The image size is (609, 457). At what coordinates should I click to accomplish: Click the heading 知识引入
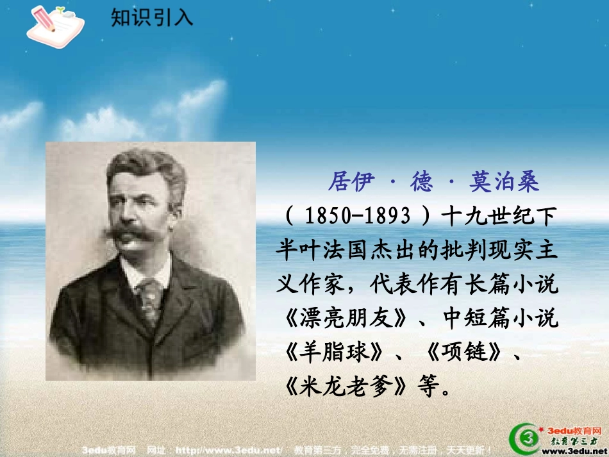[x=152, y=17]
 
